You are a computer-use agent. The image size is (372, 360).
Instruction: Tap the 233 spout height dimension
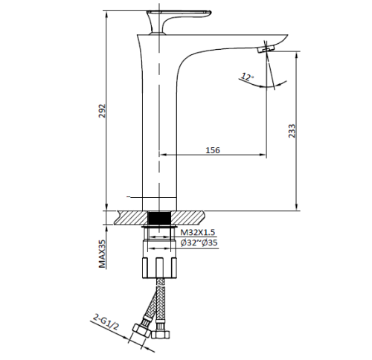[x=292, y=130]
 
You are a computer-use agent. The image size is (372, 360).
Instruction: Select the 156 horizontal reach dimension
[x=213, y=150]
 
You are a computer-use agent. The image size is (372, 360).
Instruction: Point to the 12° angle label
[x=247, y=76]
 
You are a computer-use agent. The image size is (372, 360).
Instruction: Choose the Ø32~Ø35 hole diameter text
[x=199, y=243]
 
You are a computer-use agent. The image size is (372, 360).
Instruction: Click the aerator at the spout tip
[x=266, y=49]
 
